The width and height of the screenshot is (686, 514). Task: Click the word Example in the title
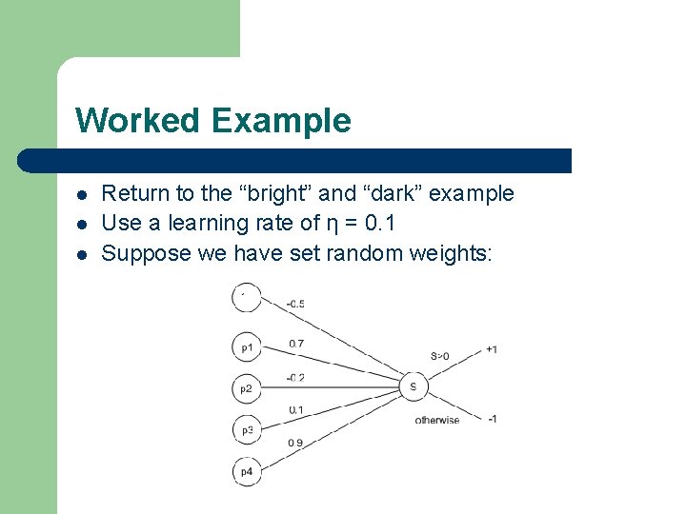(281, 121)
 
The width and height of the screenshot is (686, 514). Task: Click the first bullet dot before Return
(83, 194)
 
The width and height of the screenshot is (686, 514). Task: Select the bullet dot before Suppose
(83, 253)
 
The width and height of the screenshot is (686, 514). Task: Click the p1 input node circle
(247, 347)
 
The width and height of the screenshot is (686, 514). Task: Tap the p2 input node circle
(247, 388)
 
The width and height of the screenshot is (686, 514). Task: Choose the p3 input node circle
(247, 429)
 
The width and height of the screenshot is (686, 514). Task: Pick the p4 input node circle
(247, 470)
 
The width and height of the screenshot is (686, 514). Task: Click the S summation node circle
(413, 386)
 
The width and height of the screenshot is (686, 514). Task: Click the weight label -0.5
(295, 304)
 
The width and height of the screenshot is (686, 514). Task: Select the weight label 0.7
(296, 344)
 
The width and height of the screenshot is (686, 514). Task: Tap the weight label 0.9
(296, 443)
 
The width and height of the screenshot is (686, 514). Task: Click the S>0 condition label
(439, 356)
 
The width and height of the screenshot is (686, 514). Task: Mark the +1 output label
(491, 349)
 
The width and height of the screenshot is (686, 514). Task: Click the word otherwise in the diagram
(436, 420)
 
